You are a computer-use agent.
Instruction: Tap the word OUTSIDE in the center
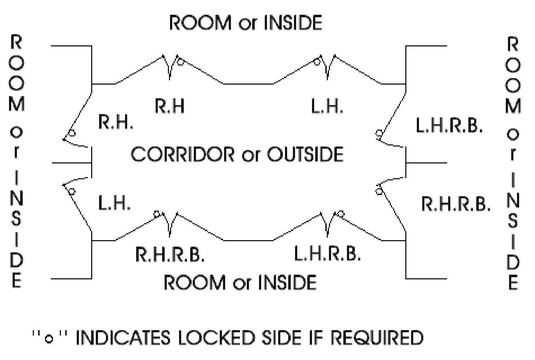305,154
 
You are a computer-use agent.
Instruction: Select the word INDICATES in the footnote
123,338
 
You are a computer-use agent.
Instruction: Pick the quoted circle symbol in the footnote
50,339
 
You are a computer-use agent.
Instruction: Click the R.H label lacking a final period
169,106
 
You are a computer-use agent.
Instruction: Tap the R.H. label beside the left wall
115,122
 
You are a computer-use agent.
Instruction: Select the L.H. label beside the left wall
114,203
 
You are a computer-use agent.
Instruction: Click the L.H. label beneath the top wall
327,107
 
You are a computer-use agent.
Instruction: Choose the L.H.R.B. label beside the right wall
449,126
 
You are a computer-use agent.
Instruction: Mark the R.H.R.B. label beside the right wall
455,204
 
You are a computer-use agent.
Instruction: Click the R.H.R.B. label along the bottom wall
170,254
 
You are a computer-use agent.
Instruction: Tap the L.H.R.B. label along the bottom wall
327,253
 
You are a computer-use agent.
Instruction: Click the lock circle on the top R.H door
181,62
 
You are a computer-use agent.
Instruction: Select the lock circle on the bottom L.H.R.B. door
340,215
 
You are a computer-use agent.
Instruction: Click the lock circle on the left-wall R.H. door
72,133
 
